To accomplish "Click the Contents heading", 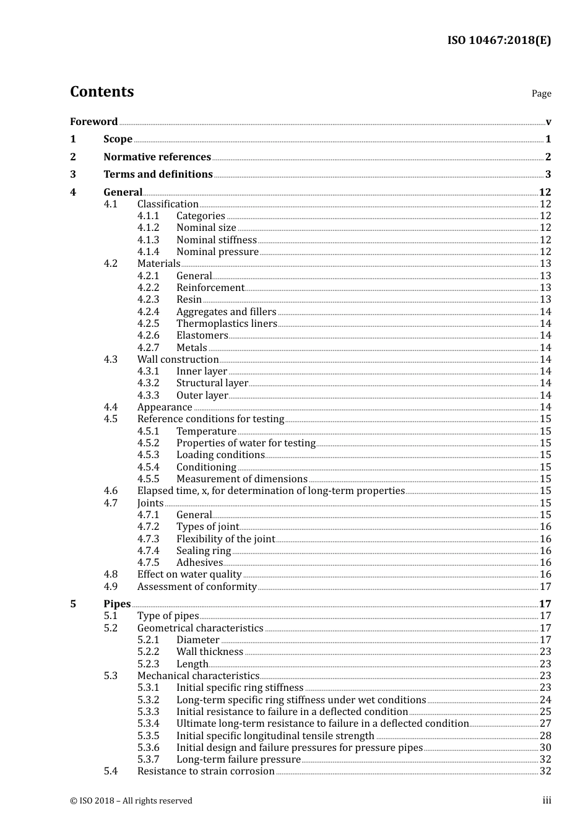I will click(102, 92).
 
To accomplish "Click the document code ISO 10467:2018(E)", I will click(499, 40).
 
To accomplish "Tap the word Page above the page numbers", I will click(541, 93).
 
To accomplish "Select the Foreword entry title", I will click(93, 121).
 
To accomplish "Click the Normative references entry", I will click(157, 157).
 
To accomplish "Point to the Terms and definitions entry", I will click(158, 174).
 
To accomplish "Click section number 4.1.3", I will click(148, 240).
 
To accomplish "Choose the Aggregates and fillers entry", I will click(226, 311).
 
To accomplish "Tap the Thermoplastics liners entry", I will click(227, 323).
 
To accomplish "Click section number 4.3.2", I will click(148, 383).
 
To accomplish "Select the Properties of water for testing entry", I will click(246, 443).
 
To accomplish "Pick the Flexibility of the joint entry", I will click(225, 539).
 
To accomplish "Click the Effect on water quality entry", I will click(189, 574).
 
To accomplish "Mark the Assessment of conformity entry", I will click(197, 586).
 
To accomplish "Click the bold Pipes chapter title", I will click(117, 604).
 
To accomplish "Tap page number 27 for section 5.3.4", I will click(545, 723).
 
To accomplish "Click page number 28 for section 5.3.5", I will click(545, 735).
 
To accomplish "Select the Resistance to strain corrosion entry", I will click(205, 771).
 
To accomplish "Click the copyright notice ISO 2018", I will click(131, 800).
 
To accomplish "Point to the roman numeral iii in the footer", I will click(547, 800).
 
